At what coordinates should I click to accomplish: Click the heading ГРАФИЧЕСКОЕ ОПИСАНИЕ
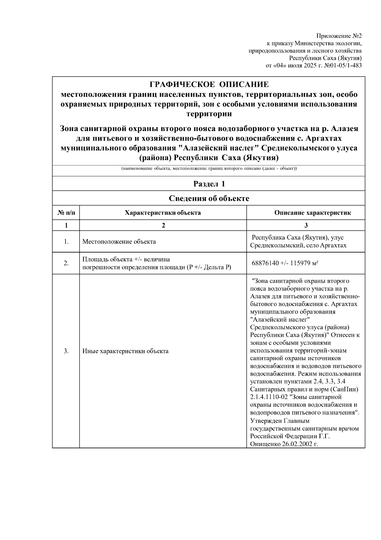209,85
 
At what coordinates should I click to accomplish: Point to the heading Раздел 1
209,184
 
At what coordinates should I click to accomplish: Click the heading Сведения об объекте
209,199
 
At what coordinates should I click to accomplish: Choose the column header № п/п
66,213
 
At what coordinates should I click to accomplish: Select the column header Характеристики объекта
163,213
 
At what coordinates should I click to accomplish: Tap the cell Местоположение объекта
119,242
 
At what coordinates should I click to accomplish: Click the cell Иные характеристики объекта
125,351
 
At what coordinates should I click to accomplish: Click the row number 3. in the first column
66,351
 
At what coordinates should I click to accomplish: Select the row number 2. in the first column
66,263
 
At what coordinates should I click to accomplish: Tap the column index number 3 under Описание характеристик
306,225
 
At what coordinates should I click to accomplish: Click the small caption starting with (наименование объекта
209,169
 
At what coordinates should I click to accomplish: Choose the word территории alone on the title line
209,114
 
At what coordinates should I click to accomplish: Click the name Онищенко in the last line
265,444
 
